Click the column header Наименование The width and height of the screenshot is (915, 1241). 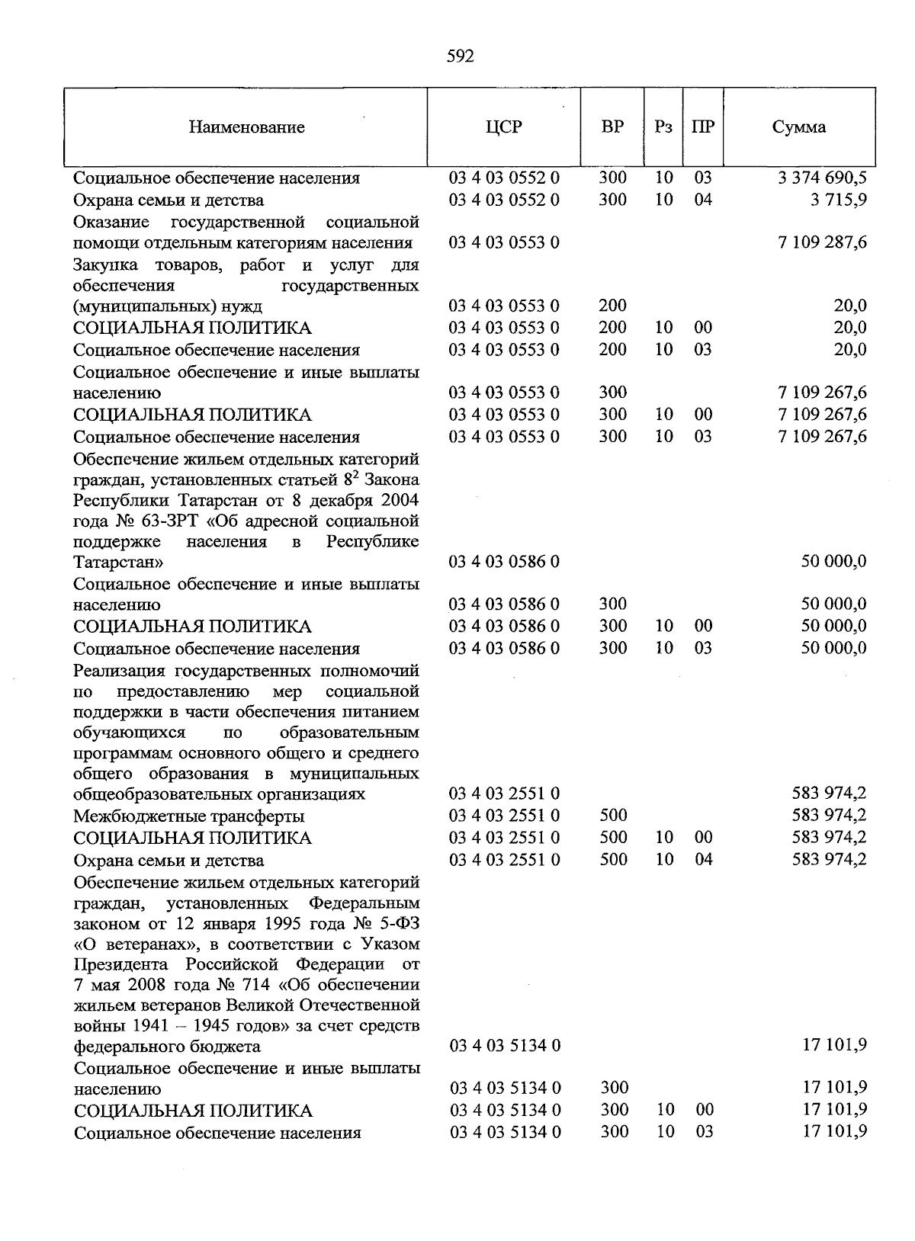coord(246,127)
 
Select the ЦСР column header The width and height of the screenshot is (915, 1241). coord(503,127)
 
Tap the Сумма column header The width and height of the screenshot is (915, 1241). coord(798,127)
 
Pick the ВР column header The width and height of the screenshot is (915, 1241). coord(612,127)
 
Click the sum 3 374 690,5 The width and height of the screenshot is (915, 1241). coord(822,178)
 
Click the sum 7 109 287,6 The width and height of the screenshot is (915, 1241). coord(822,242)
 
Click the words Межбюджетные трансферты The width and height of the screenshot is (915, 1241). coord(188,816)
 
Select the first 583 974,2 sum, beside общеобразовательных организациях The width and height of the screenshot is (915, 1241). coord(829,794)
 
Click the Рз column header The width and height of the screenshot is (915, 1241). coord(663,127)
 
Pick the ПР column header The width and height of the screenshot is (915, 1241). coord(702,127)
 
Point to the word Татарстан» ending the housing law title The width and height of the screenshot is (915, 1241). coord(118,563)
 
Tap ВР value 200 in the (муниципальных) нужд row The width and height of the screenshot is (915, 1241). coord(612,306)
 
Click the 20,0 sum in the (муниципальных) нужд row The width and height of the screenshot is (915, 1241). coord(849,306)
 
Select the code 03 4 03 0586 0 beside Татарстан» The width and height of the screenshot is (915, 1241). coord(504,562)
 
